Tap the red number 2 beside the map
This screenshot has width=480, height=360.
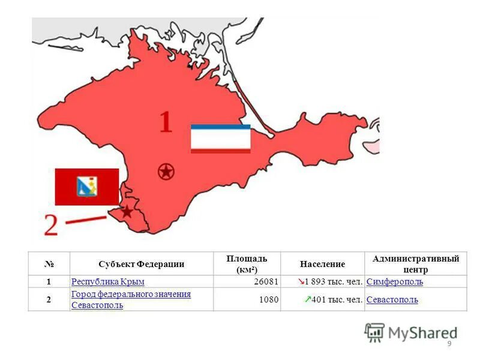coord(51,224)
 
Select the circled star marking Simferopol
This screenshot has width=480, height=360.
coord(166,172)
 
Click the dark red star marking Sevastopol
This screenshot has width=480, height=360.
coord(127,211)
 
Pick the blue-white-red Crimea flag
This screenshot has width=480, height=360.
coord(220,139)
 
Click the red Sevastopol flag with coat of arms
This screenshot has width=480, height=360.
coord(87,187)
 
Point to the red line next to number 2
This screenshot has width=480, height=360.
coord(85,220)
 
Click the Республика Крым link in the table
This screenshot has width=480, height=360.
coord(107,281)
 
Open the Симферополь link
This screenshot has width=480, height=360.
coord(394,281)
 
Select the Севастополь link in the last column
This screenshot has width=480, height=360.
coord(392,299)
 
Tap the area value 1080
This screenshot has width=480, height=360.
coord(268,299)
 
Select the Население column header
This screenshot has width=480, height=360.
coord(322,264)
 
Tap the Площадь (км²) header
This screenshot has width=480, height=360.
coord(247,263)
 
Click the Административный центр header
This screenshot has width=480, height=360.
coord(415,263)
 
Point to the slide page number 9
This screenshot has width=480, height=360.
coord(449,344)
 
